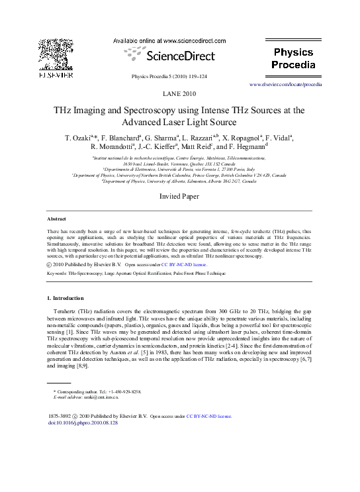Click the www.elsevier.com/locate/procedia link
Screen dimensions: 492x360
coord(285,85)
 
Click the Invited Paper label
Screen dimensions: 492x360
coord(179,197)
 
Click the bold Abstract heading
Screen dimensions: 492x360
coord(57,219)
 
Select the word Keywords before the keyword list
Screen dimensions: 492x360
coord(59,272)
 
